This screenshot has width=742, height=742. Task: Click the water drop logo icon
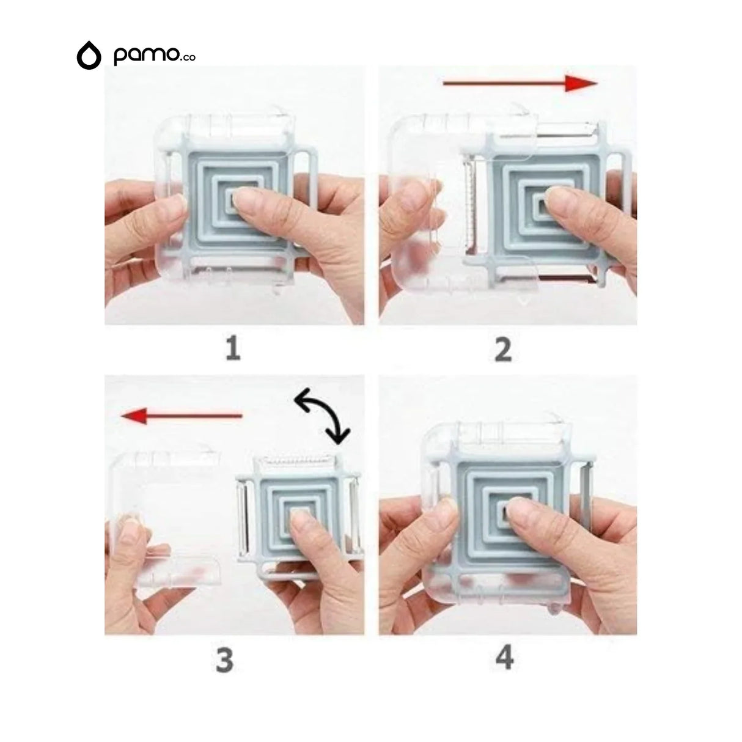coord(89,55)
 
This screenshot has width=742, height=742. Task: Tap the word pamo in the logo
coord(146,56)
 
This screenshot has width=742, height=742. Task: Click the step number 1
coord(233,348)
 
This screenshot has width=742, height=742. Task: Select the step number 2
coord(503,349)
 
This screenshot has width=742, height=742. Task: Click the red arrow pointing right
coord(520,83)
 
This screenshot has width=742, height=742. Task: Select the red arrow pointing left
coord(182,416)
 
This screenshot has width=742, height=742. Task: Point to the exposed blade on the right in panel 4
coord(586,497)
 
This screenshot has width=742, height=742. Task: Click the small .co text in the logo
coord(188,57)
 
